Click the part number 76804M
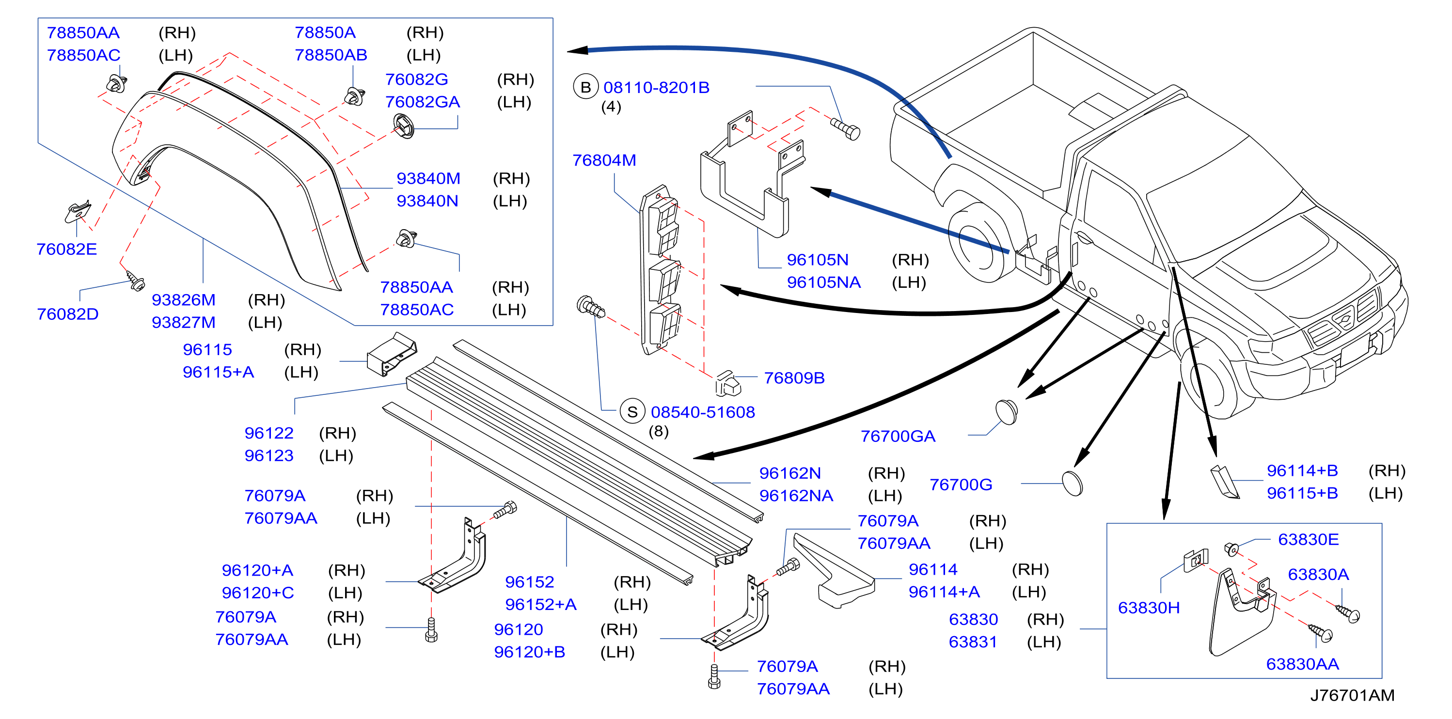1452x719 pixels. (x=604, y=160)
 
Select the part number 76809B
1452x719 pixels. (x=794, y=378)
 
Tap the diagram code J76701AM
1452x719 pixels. (x=1352, y=695)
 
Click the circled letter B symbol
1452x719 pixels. (x=585, y=87)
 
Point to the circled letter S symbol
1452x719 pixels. (x=632, y=412)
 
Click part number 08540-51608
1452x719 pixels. (x=702, y=412)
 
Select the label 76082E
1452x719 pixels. (x=66, y=249)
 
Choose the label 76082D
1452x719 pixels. (x=68, y=314)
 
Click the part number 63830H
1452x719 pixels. (x=1149, y=608)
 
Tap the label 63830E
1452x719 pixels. (x=1308, y=540)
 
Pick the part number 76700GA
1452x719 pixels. (x=898, y=436)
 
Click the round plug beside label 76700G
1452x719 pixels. (x=1072, y=484)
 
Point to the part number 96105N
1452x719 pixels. (x=817, y=260)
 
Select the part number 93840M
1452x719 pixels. (x=428, y=179)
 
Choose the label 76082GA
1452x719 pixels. (x=422, y=102)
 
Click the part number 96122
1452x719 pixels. (x=269, y=433)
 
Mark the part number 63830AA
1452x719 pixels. (x=1302, y=664)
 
